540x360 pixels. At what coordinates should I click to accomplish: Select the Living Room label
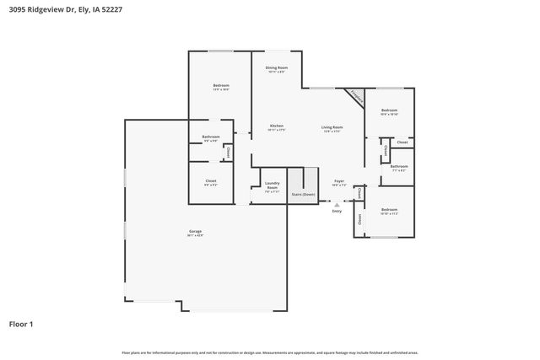(x=332, y=128)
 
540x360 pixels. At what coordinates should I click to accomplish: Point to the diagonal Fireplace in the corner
(x=356, y=97)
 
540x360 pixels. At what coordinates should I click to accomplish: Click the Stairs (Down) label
(x=303, y=194)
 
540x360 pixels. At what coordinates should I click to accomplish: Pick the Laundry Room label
(x=272, y=185)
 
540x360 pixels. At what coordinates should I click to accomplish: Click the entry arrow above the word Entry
(x=337, y=204)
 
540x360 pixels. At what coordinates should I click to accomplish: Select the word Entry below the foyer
(x=337, y=211)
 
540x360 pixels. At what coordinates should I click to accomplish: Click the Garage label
(x=195, y=233)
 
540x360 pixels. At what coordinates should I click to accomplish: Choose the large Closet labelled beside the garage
(x=211, y=182)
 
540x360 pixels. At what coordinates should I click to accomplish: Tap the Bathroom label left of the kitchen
(x=211, y=138)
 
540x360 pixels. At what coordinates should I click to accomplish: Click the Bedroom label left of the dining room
(x=220, y=87)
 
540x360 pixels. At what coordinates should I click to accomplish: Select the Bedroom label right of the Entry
(x=389, y=211)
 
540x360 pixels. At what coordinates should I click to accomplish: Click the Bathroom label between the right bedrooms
(x=399, y=168)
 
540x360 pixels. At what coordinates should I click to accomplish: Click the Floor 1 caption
(x=21, y=323)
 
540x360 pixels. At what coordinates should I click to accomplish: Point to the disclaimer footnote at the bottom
(x=270, y=352)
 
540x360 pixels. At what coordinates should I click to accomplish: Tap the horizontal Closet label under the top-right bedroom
(x=402, y=142)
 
